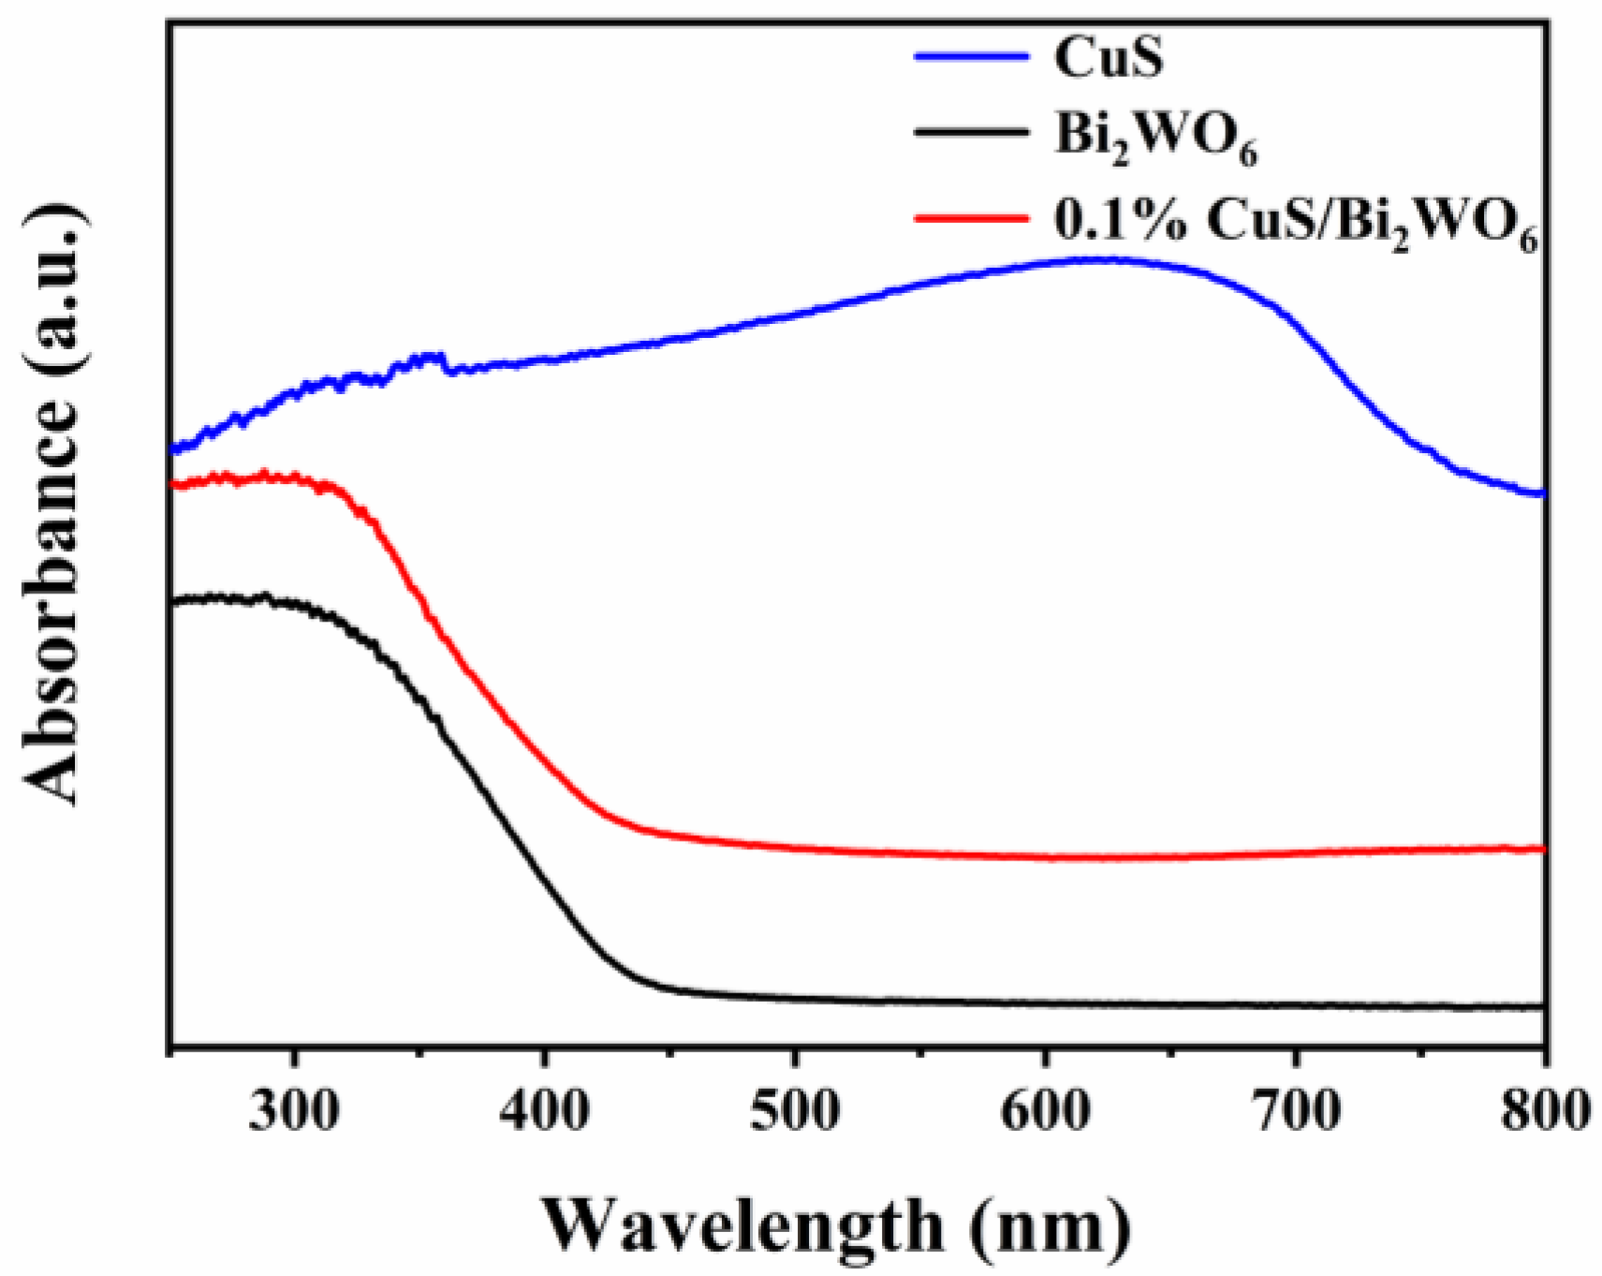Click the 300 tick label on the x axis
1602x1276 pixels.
coord(294,1111)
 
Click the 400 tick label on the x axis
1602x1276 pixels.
coord(544,1111)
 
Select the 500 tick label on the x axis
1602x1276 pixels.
coord(794,1111)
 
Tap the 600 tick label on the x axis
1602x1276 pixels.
coord(1045,1111)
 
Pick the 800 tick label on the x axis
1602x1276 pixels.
coord(1543,1111)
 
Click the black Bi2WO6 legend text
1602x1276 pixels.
coord(1155,139)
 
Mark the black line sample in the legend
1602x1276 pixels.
coord(971,134)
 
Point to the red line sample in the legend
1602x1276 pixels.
coord(971,218)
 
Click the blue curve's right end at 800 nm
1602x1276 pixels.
coord(1541,493)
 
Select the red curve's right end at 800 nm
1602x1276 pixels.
coord(1541,849)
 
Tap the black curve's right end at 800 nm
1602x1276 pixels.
coord(1541,1007)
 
